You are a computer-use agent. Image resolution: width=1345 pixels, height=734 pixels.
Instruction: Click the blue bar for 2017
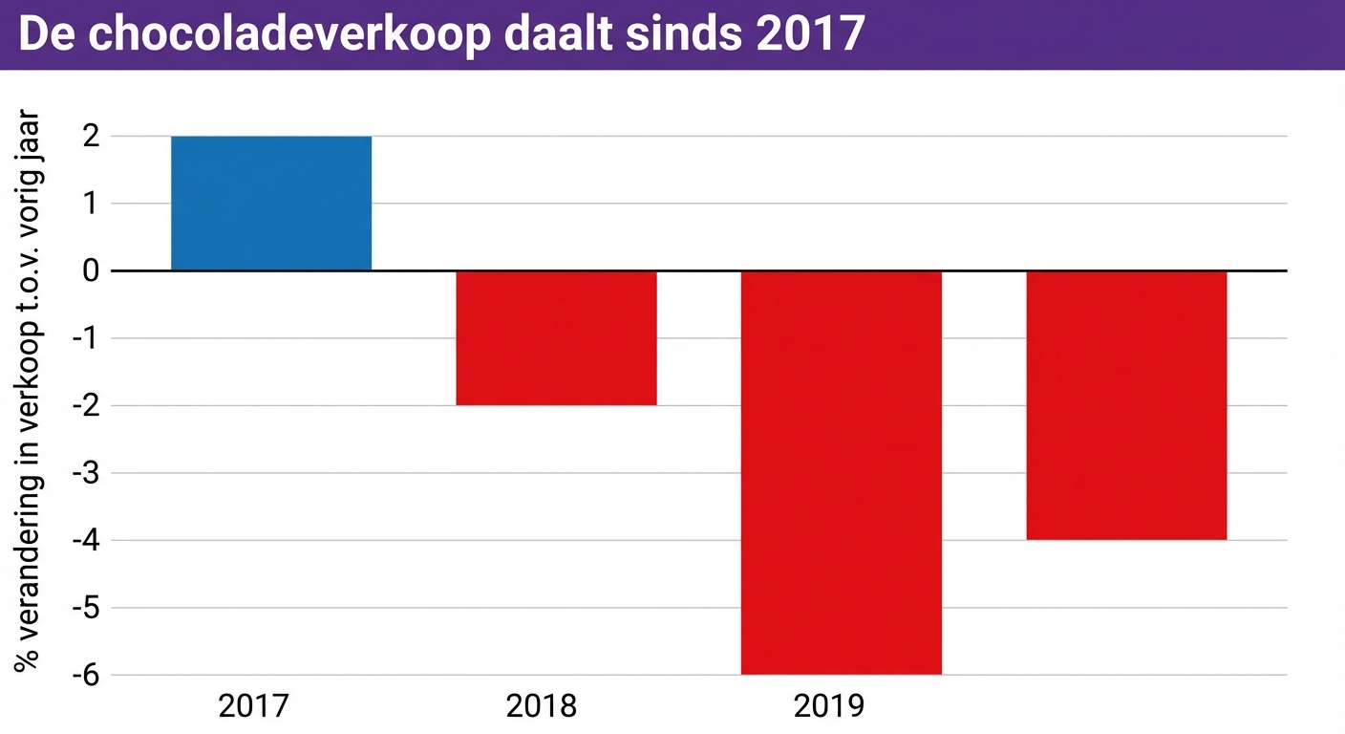(271, 204)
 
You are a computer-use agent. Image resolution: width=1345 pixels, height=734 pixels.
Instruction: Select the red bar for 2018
(556, 337)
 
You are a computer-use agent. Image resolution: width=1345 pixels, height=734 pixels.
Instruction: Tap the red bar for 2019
(841, 472)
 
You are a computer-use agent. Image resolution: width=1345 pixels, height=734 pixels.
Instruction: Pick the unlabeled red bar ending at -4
(1126, 405)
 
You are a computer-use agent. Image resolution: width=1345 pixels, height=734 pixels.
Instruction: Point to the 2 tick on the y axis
(91, 137)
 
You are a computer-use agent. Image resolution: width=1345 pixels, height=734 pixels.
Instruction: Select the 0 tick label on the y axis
(91, 271)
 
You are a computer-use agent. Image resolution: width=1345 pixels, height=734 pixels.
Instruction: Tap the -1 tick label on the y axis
(86, 338)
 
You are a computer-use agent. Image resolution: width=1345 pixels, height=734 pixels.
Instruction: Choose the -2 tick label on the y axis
(86, 405)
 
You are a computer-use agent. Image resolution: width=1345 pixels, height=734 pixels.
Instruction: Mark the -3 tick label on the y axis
(86, 473)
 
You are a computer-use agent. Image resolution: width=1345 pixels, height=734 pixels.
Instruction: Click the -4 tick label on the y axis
(86, 540)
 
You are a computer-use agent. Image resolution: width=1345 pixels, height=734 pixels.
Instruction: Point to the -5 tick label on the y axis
(86, 608)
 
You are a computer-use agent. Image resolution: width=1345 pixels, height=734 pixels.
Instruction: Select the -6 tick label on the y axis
(86, 675)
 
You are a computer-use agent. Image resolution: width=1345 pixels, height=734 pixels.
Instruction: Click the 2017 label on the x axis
(254, 706)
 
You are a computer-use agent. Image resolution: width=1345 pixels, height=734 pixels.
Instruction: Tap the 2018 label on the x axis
(542, 706)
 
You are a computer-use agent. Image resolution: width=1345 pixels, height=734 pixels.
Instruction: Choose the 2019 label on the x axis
(828, 706)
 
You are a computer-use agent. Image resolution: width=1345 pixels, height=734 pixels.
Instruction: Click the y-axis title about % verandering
(28, 392)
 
